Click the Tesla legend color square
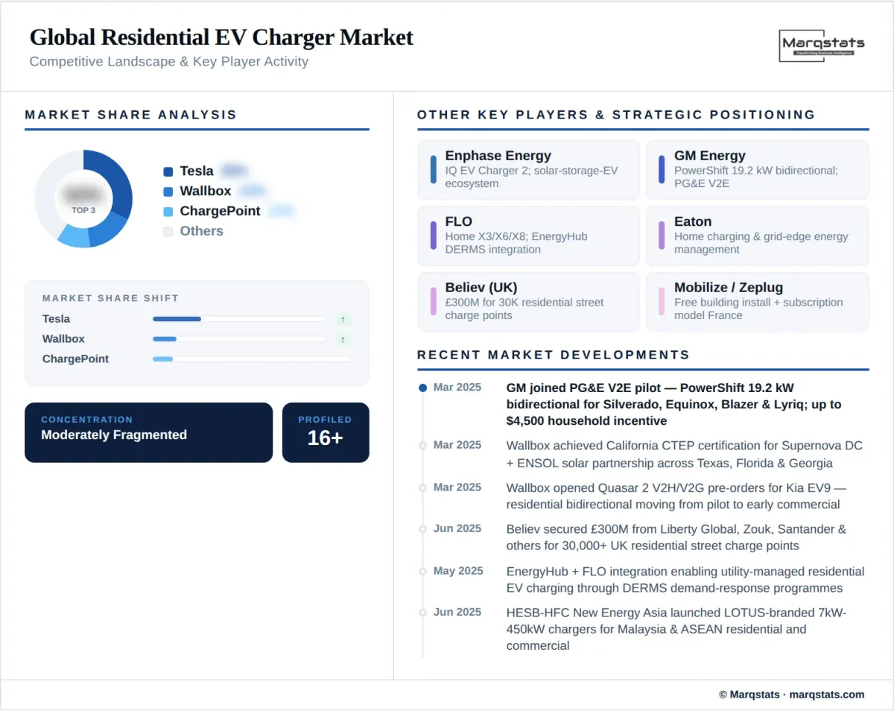pos(168,171)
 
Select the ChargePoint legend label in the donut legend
pos(220,211)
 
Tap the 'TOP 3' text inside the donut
pos(83,210)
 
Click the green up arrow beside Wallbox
pos(343,339)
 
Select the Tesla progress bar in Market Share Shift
pos(177,319)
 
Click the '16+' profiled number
pos(325,437)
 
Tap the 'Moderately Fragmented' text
pos(114,434)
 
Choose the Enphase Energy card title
pos(498,156)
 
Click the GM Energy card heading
pos(709,156)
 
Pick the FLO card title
pos(459,221)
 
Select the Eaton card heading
pos(693,221)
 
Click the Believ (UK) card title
pos(481,288)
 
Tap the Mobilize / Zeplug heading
pos(728,288)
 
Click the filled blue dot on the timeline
pos(423,388)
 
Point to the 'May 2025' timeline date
pos(458,571)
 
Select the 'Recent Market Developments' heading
pos(553,355)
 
